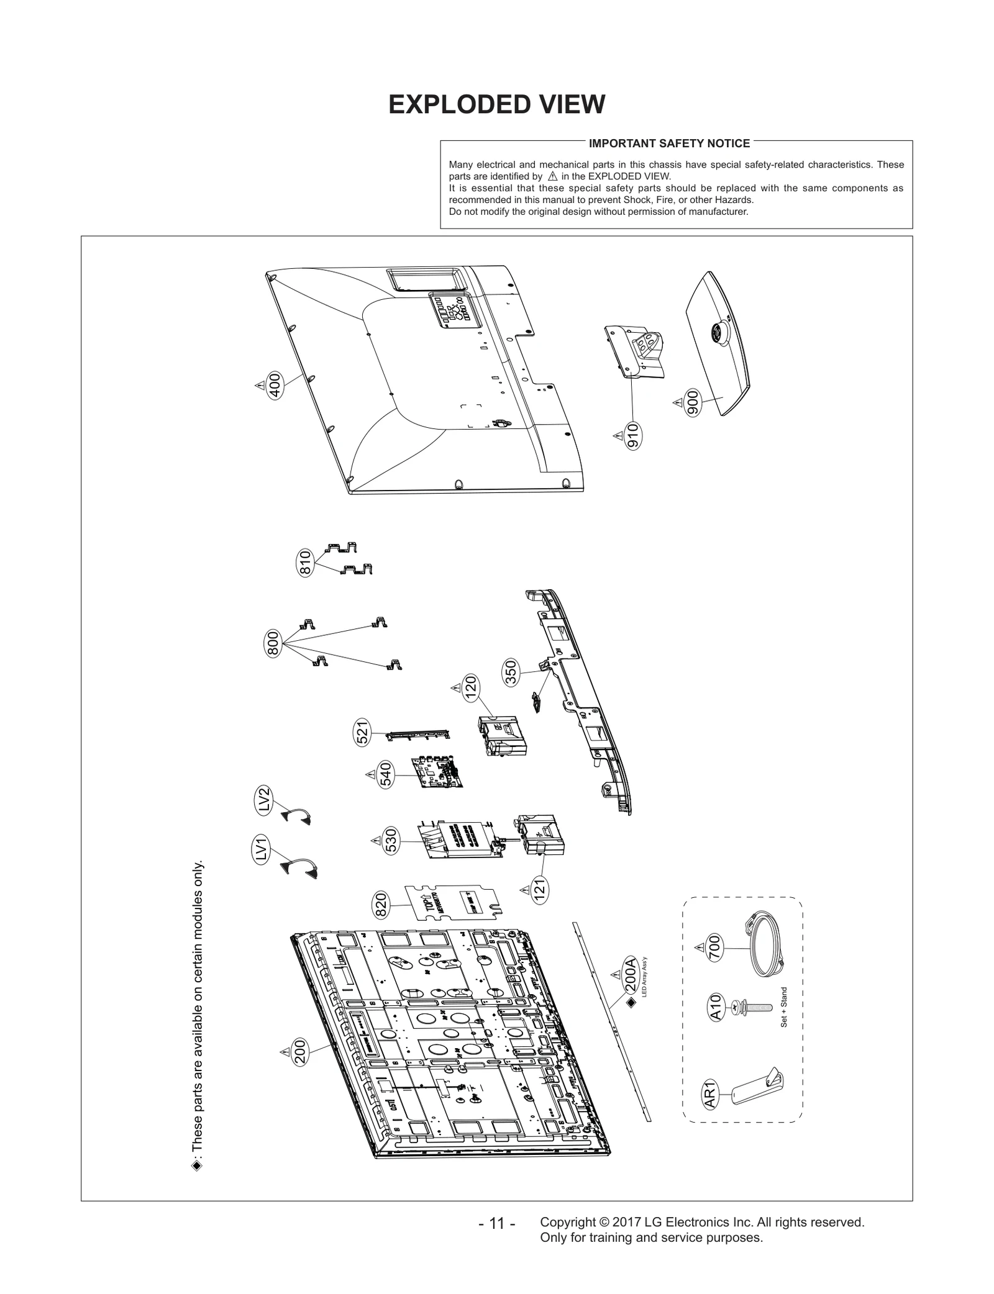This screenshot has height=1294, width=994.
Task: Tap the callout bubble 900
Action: point(693,403)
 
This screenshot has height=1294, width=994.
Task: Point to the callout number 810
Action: point(305,563)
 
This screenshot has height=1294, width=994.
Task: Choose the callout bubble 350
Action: point(511,674)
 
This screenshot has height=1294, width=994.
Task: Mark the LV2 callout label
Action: point(264,800)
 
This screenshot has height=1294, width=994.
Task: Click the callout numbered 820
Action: point(381,905)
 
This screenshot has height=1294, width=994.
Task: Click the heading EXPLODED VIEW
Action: point(496,104)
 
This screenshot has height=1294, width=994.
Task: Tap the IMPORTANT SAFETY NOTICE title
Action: point(669,143)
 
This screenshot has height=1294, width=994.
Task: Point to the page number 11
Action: point(496,1224)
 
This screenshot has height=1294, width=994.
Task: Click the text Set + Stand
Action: point(784,1025)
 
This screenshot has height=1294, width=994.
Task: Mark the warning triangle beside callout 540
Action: point(370,774)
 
